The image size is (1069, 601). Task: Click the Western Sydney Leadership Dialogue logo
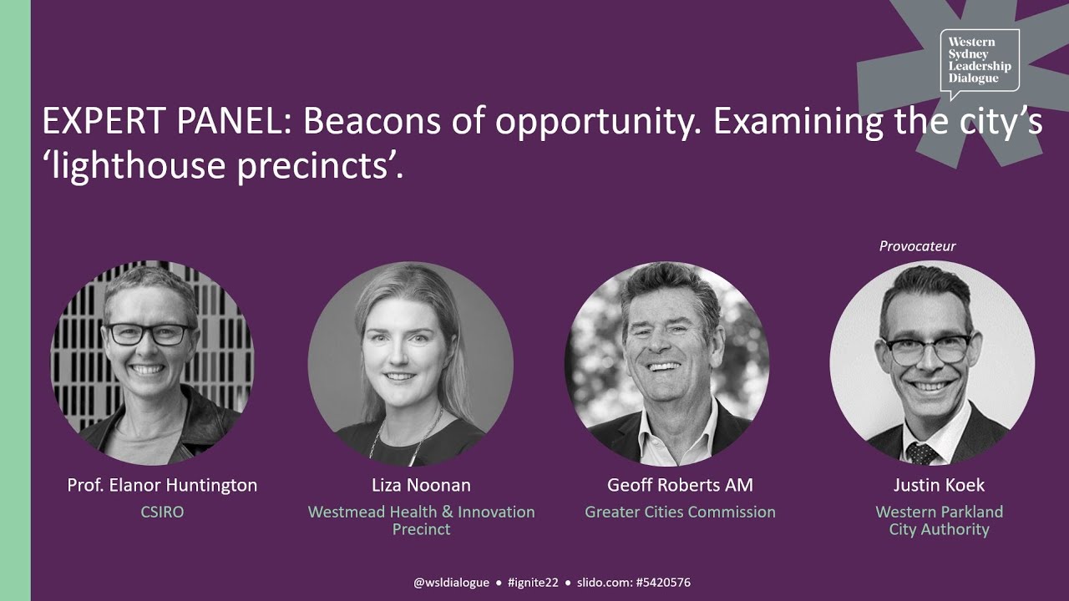[x=979, y=61]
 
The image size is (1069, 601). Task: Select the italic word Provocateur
[x=917, y=246]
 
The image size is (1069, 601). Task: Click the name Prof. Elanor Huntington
[x=162, y=485]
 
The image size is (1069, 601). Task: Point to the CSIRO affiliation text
[x=162, y=512]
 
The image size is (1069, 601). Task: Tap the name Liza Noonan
[x=421, y=485]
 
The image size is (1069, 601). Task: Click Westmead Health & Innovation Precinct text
[x=421, y=520]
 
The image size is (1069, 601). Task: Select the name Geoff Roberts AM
[x=680, y=485]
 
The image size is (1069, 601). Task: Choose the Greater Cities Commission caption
[x=680, y=512]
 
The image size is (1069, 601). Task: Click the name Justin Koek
[x=939, y=485]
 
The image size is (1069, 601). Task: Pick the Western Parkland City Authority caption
[x=939, y=520]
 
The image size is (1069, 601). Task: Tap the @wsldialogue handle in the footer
[x=451, y=583]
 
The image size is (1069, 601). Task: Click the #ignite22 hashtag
[x=533, y=583]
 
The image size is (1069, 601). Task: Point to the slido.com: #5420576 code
[x=633, y=583]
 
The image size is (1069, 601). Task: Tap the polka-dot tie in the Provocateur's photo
[x=921, y=452]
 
